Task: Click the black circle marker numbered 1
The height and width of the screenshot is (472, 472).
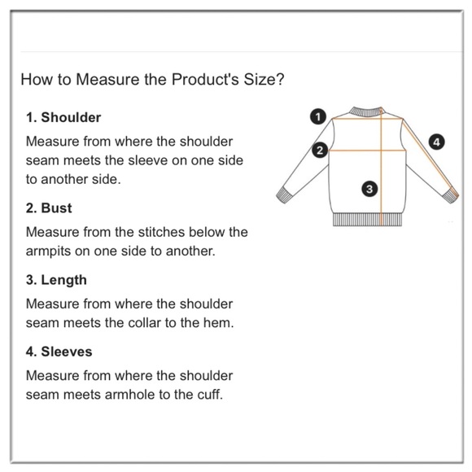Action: pos(318,116)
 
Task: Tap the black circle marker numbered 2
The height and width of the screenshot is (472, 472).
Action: pos(320,150)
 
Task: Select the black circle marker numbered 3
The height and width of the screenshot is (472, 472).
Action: pos(369,189)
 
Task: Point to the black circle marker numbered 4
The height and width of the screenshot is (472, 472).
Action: pos(436,142)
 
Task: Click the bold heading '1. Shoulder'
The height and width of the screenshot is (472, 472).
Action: pos(63,117)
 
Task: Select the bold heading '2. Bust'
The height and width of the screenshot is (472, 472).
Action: pos(49,208)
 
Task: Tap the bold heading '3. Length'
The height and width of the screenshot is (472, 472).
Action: pos(56,280)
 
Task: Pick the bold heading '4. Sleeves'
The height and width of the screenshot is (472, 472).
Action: pos(59,352)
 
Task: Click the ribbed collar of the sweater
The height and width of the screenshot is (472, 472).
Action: pos(365,112)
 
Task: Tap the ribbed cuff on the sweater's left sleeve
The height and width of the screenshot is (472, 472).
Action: pos(284,195)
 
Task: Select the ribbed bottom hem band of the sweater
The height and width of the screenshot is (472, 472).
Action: pos(367,220)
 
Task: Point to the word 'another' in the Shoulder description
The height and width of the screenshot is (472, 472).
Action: pos(64,179)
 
